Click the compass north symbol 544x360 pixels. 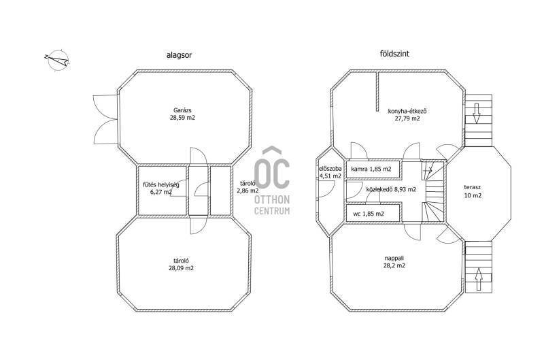point(57,60)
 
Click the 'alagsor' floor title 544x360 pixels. point(179,55)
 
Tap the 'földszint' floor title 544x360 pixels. point(394,54)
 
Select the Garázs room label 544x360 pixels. point(182,110)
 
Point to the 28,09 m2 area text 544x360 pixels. point(182,268)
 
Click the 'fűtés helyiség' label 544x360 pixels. point(161,184)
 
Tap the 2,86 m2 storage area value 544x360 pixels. point(248,191)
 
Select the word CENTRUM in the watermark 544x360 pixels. point(272,211)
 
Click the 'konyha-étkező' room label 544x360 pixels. point(407,112)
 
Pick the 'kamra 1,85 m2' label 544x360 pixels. point(371,169)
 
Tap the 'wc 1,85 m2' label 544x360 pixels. point(369,214)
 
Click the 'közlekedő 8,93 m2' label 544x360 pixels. point(391,189)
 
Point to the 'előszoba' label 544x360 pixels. point(330,169)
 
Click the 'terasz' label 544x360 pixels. point(473,187)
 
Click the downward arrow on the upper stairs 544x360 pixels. point(477,113)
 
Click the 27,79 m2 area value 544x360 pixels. point(407,118)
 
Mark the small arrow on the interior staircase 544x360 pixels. point(428,170)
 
